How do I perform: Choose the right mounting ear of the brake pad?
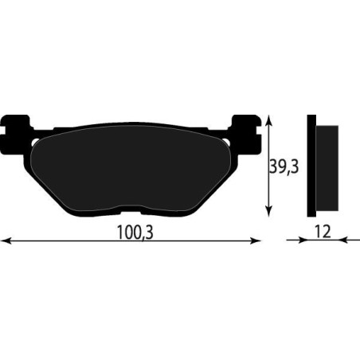(x=244, y=127)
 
